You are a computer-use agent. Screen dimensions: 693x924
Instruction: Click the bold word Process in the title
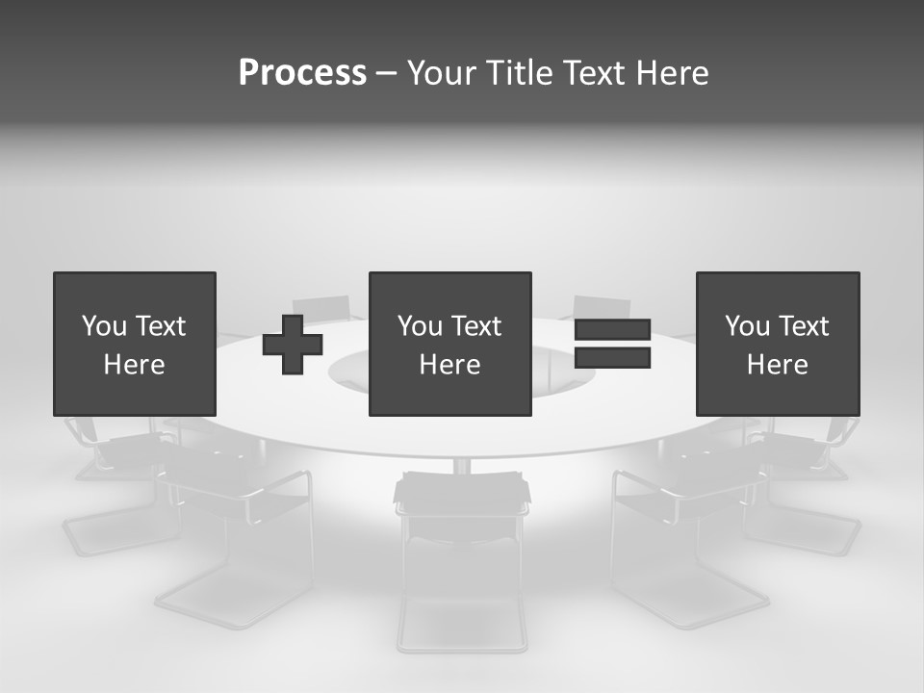coord(302,73)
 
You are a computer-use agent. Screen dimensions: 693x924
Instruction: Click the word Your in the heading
coord(442,73)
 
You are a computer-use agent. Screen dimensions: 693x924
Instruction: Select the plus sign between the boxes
coord(293,345)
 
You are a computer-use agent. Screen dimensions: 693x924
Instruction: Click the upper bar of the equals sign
coord(612,330)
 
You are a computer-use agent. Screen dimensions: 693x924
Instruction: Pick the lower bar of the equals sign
coord(612,358)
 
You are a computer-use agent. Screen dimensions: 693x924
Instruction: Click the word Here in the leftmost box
coord(134,365)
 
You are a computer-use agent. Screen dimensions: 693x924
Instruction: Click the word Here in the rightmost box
coord(778,365)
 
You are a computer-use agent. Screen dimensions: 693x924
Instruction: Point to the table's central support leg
coord(461,466)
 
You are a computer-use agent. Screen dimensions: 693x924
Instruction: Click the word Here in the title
coord(672,73)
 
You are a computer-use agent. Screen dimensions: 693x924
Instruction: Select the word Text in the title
coord(594,73)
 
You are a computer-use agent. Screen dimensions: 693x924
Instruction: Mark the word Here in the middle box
coord(449,365)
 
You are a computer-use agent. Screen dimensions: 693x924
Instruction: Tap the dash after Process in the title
coord(387,73)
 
